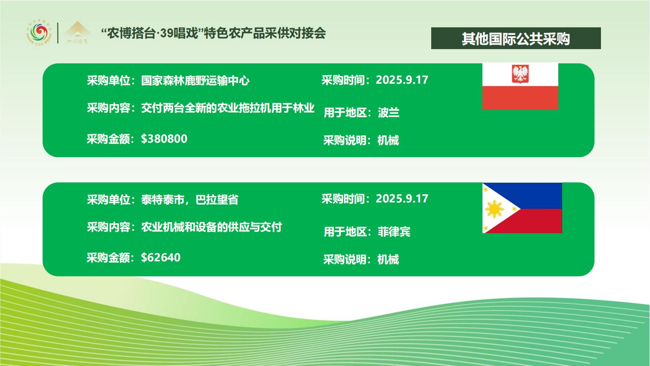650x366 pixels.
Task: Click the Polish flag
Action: click(x=520, y=86)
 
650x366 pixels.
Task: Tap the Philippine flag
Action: click(x=522, y=208)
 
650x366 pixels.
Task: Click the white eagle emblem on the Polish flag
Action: click(x=520, y=74)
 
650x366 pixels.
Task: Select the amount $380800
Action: click(x=164, y=139)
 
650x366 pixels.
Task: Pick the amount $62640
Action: click(x=161, y=258)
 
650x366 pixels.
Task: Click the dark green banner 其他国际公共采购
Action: click(x=516, y=38)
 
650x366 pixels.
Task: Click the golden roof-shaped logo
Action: click(x=77, y=32)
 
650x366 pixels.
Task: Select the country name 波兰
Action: click(x=389, y=112)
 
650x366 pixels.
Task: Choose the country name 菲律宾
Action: click(x=394, y=231)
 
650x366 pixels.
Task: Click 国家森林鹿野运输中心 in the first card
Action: click(x=195, y=80)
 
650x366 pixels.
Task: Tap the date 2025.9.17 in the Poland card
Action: click(x=402, y=80)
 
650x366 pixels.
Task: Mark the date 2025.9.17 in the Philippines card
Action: click(x=402, y=199)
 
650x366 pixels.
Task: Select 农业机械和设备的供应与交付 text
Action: click(x=212, y=227)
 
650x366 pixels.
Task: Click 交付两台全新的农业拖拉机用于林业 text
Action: click(x=228, y=108)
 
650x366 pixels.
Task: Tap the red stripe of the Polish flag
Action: click(x=520, y=98)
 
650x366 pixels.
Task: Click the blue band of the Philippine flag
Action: click(x=531, y=195)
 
